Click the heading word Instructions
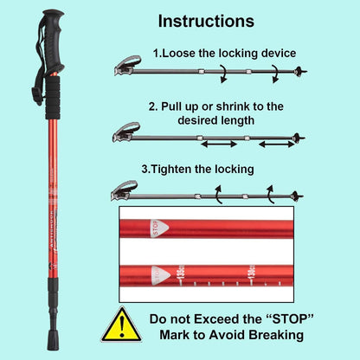pyautogui.click(x=205, y=21)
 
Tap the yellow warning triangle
pyautogui.click(x=120, y=325)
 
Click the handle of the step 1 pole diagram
pyautogui.click(x=126, y=63)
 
